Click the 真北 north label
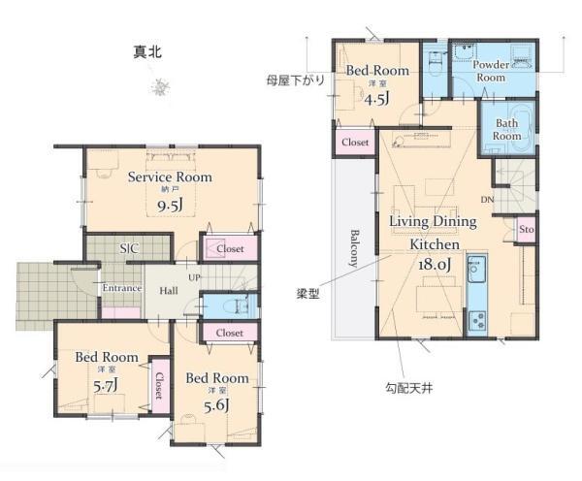pyautogui.click(x=147, y=52)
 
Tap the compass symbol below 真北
pyautogui.click(x=161, y=87)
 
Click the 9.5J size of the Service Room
pyautogui.click(x=170, y=206)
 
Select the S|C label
pyautogui.click(x=129, y=248)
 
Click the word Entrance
pyautogui.click(x=122, y=288)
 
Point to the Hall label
pyautogui.click(x=169, y=291)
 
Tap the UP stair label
pyautogui.click(x=194, y=277)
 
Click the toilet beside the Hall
pyautogui.click(x=237, y=306)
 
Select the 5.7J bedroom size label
pyautogui.click(x=106, y=387)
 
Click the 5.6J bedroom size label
pyautogui.click(x=216, y=405)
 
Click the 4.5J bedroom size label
pyautogui.click(x=376, y=100)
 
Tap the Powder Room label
pyautogui.click(x=491, y=71)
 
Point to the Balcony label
pyautogui.click(x=355, y=248)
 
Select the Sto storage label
pyautogui.click(x=527, y=230)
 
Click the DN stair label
pyautogui.click(x=487, y=200)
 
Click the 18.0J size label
pyautogui.click(x=435, y=265)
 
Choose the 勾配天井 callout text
pyautogui.click(x=408, y=389)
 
